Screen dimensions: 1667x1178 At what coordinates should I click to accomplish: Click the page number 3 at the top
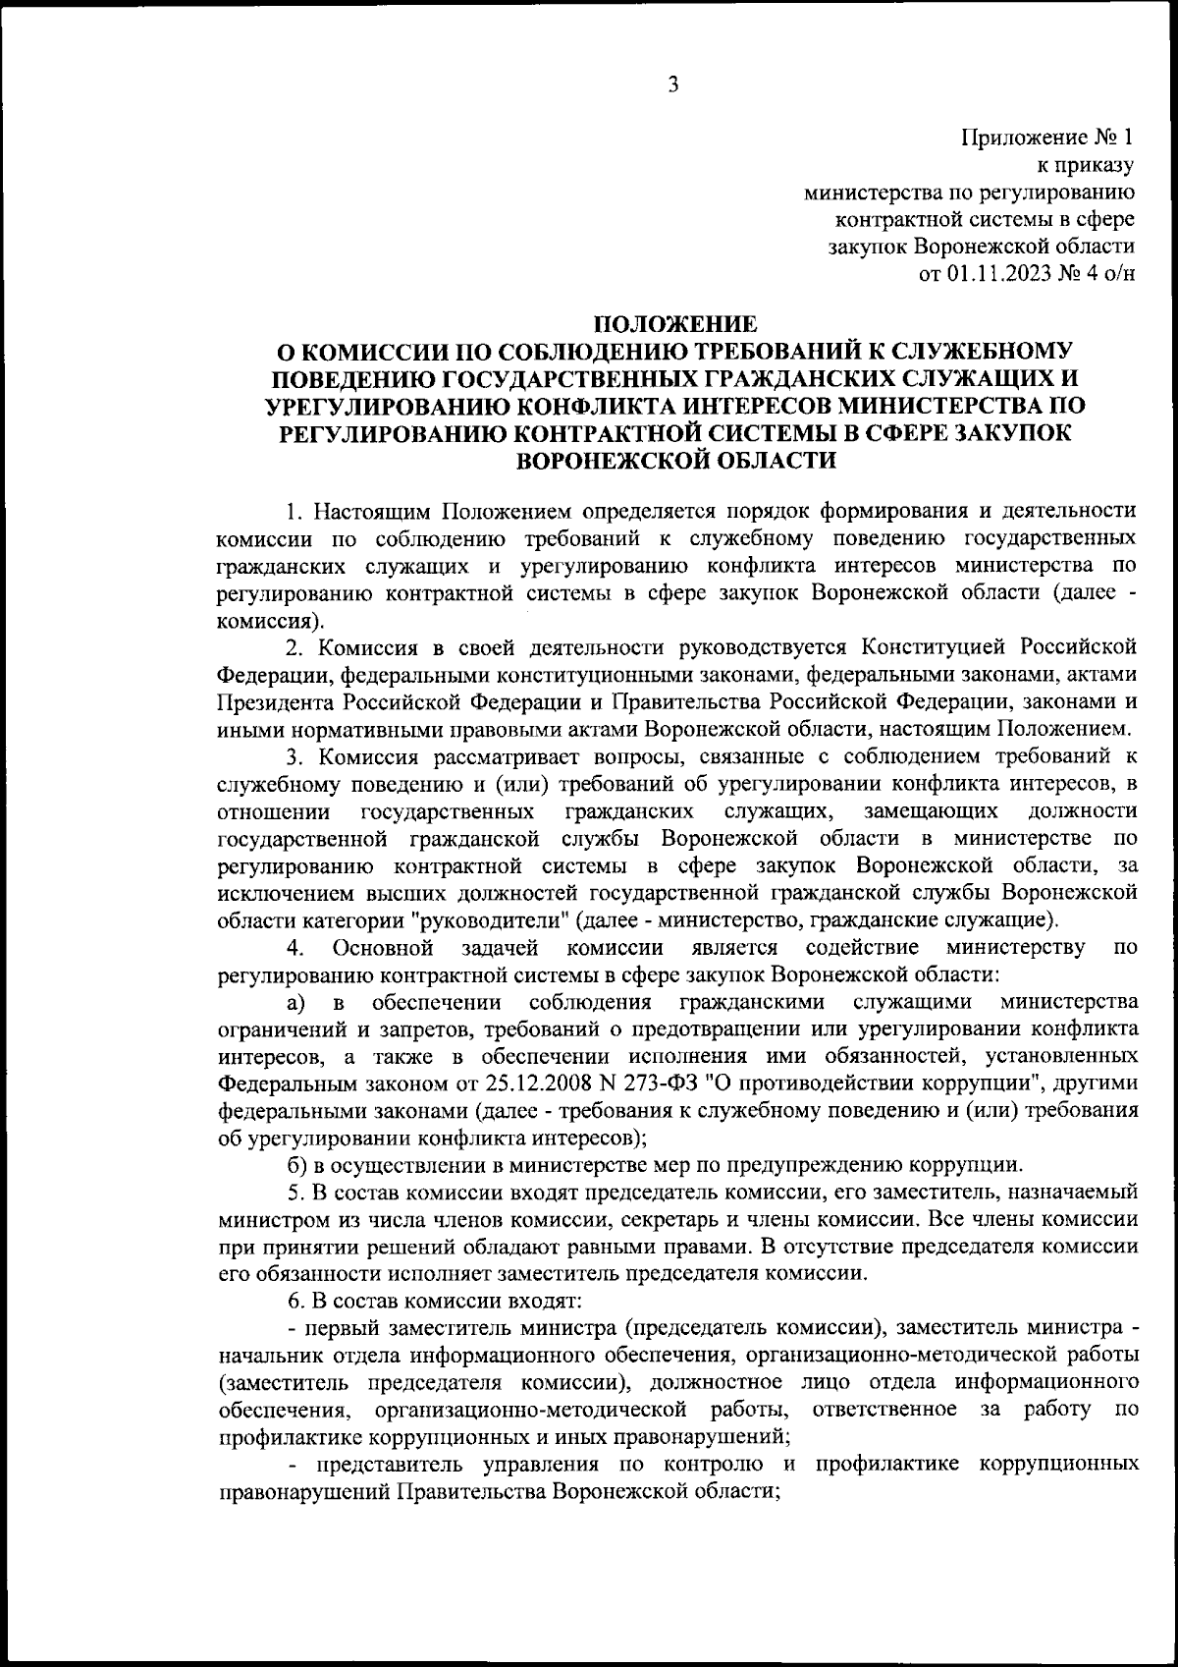point(673,84)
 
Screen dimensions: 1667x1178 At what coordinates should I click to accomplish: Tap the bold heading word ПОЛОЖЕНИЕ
point(677,323)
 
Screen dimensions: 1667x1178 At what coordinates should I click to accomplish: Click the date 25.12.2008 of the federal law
point(534,1084)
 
